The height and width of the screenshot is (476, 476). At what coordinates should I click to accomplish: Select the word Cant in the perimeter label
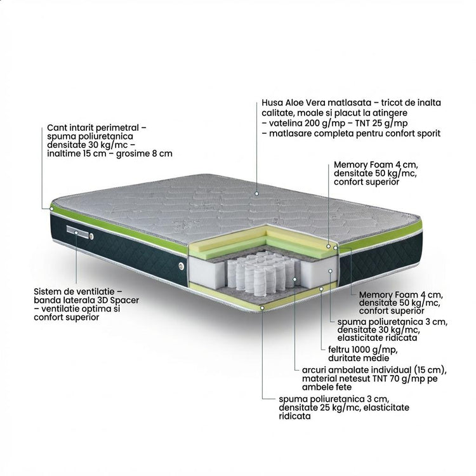click(55, 128)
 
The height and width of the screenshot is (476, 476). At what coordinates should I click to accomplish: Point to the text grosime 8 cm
click(144, 154)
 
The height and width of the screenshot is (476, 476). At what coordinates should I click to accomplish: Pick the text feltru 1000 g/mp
click(363, 350)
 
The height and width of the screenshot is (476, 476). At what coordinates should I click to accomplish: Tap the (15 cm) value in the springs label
click(430, 370)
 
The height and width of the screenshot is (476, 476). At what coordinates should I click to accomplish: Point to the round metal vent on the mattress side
click(182, 266)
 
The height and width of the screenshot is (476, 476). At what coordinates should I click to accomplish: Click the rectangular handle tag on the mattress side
click(77, 232)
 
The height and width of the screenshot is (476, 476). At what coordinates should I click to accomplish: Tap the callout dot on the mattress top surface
click(257, 194)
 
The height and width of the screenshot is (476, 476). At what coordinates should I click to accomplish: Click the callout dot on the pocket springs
click(294, 279)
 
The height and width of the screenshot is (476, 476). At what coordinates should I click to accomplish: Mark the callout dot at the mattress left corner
click(51, 209)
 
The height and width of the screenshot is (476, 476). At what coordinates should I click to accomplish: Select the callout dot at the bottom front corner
click(262, 308)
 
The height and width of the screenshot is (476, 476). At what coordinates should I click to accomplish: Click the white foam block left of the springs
click(206, 272)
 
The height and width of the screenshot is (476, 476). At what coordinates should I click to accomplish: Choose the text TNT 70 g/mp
click(372, 379)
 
